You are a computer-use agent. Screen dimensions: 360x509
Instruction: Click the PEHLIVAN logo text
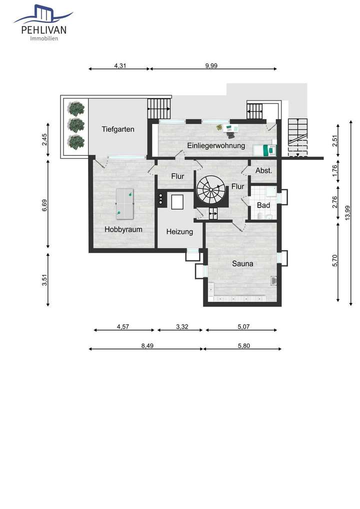[x=44, y=30]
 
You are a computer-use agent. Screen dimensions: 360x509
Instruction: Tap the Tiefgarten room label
[x=118, y=129]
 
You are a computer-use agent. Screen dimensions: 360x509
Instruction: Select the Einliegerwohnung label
[x=216, y=145]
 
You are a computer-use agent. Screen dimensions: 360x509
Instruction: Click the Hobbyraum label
[x=123, y=229]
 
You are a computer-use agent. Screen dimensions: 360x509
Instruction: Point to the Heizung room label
[x=179, y=232]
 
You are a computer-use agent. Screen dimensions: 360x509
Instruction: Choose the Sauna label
[x=242, y=263]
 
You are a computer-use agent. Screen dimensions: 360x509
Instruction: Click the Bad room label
[x=263, y=205]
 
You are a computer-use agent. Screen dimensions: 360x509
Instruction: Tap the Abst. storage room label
[x=263, y=170]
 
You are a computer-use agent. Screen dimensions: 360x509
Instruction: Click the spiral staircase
[x=210, y=190]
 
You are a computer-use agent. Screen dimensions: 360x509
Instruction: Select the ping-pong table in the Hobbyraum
[x=124, y=204]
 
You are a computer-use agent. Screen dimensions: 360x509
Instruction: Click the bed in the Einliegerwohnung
[x=264, y=150]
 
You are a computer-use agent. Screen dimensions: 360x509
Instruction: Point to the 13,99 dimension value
[x=347, y=213]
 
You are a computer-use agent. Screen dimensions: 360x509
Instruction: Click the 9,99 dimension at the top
[x=211, y=65]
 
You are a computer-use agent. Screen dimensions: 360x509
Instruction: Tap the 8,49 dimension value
[x=147, y=345]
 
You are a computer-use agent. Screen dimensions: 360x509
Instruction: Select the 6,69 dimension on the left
[x=44, y=205]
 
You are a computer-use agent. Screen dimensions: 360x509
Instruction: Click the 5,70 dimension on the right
[x=335, y=260]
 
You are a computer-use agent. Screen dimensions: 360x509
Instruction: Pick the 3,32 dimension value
[x=182, y=326]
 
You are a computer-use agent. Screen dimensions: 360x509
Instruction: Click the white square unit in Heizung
[x=178, y=202]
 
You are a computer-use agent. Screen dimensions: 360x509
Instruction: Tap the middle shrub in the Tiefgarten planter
[x=76, y=125]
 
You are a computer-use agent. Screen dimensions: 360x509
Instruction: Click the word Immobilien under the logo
[x=44, y=38]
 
